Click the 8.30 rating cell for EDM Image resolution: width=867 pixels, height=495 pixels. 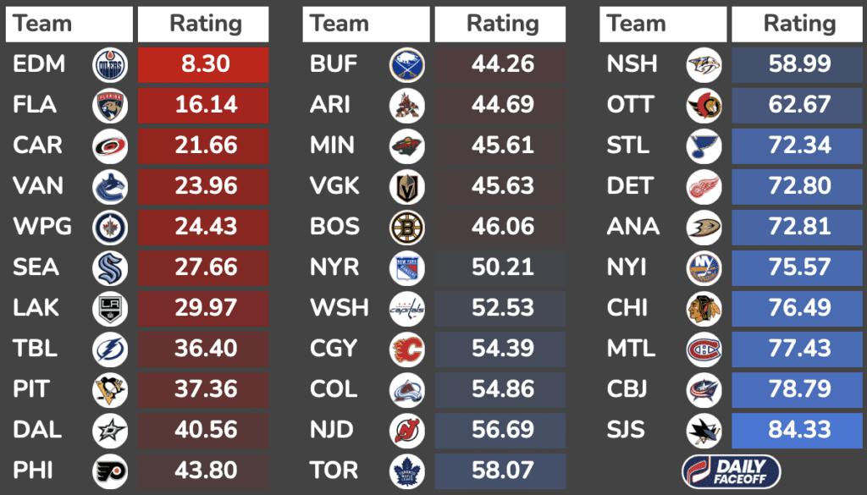[x=204, y=64]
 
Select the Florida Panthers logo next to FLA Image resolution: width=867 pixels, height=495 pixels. [x=110, y=105]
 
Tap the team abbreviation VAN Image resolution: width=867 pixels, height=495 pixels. [x=37, y=186]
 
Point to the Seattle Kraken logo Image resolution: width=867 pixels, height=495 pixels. [x=110, y=267]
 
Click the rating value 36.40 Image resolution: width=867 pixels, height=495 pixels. [x=204, y=349]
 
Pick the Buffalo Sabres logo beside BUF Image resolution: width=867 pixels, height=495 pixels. [x=407, y=64]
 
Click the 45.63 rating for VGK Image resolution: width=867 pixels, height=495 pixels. [x=501, y=186]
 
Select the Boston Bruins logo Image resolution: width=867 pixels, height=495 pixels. [x=407, y=227]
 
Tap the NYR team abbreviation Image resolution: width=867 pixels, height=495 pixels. [x=334, y=267]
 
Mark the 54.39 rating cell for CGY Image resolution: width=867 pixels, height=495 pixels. [x=501, y=349]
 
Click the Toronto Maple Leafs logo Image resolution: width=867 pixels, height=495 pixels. [x=407, y=470]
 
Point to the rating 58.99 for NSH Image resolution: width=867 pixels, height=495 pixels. [x=798, y=64]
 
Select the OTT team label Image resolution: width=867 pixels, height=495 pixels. [x=630, y=105]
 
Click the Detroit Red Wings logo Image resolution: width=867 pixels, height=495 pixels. [x=704, y=186]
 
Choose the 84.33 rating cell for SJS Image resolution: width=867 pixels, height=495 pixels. [x=798, y=430]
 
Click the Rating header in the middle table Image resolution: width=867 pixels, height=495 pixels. [x=501, y=24]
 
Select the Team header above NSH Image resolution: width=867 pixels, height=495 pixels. [x=636, y=24]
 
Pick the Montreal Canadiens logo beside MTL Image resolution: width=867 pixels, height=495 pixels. [x=704, y=349]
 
